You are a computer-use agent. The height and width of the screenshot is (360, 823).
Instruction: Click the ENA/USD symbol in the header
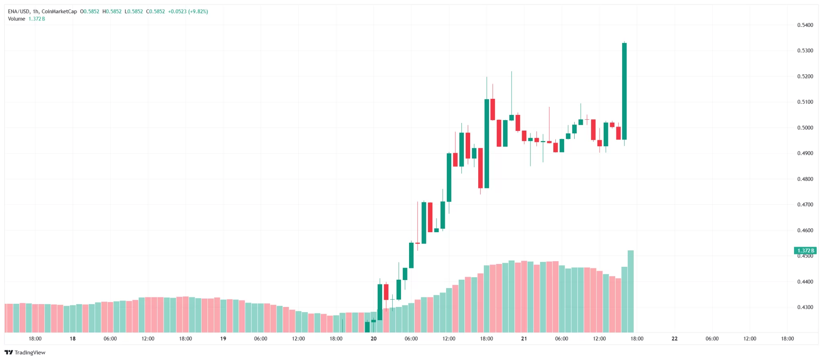point(18,12)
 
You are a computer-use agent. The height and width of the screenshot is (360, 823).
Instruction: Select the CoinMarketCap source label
point(59,12)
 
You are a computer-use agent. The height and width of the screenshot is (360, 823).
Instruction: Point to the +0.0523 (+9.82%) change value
point(188,12)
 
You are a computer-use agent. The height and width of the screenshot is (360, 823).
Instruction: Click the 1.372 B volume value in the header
point(37,19)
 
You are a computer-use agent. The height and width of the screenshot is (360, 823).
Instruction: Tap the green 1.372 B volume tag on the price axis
point(806,251)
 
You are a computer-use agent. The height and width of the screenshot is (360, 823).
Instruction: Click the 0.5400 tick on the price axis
point(805,25)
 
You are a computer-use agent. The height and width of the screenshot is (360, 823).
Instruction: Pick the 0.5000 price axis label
point(805,128)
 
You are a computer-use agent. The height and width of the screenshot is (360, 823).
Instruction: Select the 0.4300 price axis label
point(805,307)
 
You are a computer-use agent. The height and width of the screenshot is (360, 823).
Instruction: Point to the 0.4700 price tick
point(805,205)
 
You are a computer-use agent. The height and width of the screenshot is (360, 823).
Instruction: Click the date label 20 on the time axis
point(374,339)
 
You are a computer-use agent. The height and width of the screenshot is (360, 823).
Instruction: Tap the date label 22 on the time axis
point(675,339)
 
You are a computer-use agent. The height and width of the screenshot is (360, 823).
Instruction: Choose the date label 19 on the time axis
point(223,339)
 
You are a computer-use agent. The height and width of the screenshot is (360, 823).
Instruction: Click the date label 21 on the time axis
point(524,339)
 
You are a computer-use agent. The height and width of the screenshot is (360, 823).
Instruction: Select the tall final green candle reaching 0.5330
point(624,91)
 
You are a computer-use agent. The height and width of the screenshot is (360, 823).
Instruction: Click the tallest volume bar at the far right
point(631,291)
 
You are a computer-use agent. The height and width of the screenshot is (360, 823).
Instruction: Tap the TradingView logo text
point(30,353)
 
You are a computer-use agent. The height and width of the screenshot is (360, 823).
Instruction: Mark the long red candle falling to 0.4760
point(480,168)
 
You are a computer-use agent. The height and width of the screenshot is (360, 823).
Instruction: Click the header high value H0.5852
point(112,12)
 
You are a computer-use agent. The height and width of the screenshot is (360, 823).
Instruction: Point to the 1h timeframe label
point(35,12)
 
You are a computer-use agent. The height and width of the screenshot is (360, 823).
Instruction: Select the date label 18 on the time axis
point(73,339)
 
